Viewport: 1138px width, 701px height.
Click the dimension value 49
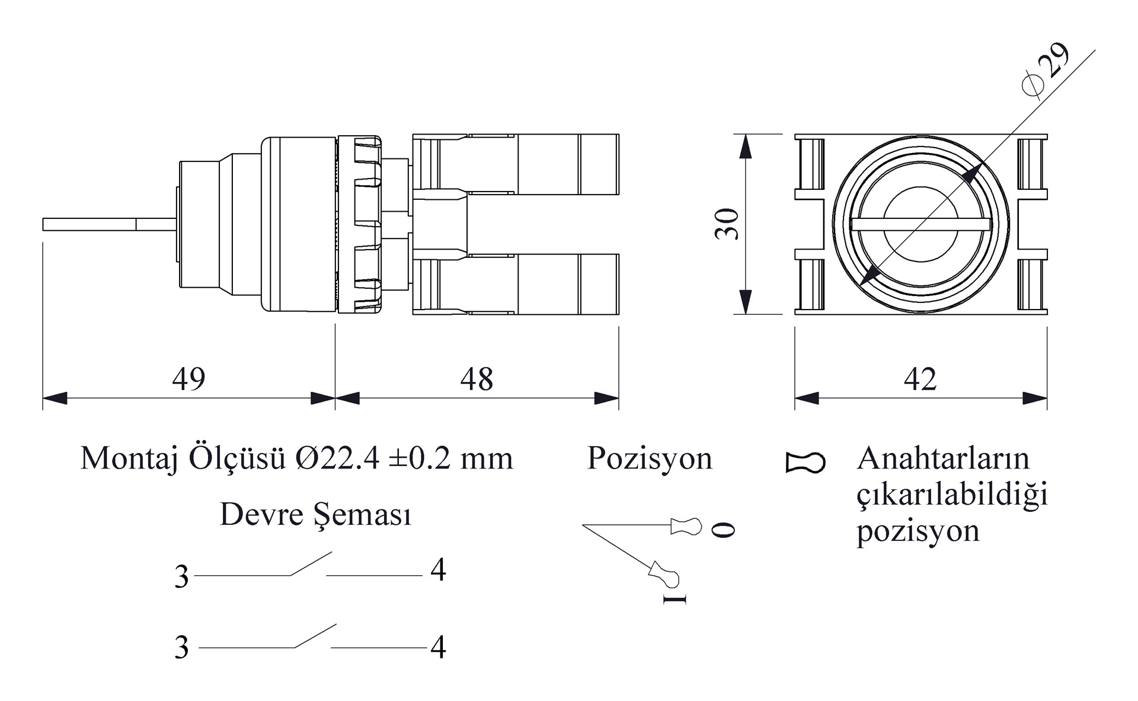pos(188,378)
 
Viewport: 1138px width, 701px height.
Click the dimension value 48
pos(477,378)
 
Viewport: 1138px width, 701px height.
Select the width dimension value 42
pos(920,378)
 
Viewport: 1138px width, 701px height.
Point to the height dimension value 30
pos(727,224)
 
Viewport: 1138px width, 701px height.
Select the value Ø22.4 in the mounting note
pos(337,458)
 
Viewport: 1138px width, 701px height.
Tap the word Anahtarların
pos(943,458)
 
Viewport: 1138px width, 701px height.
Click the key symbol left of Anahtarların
pos(805,463)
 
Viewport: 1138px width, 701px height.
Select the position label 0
pos(723,529)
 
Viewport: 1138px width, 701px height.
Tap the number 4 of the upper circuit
pos(438,570)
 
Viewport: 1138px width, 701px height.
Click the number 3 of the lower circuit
pos(181,648)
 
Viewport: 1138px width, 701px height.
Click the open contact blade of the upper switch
pos(311,563)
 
